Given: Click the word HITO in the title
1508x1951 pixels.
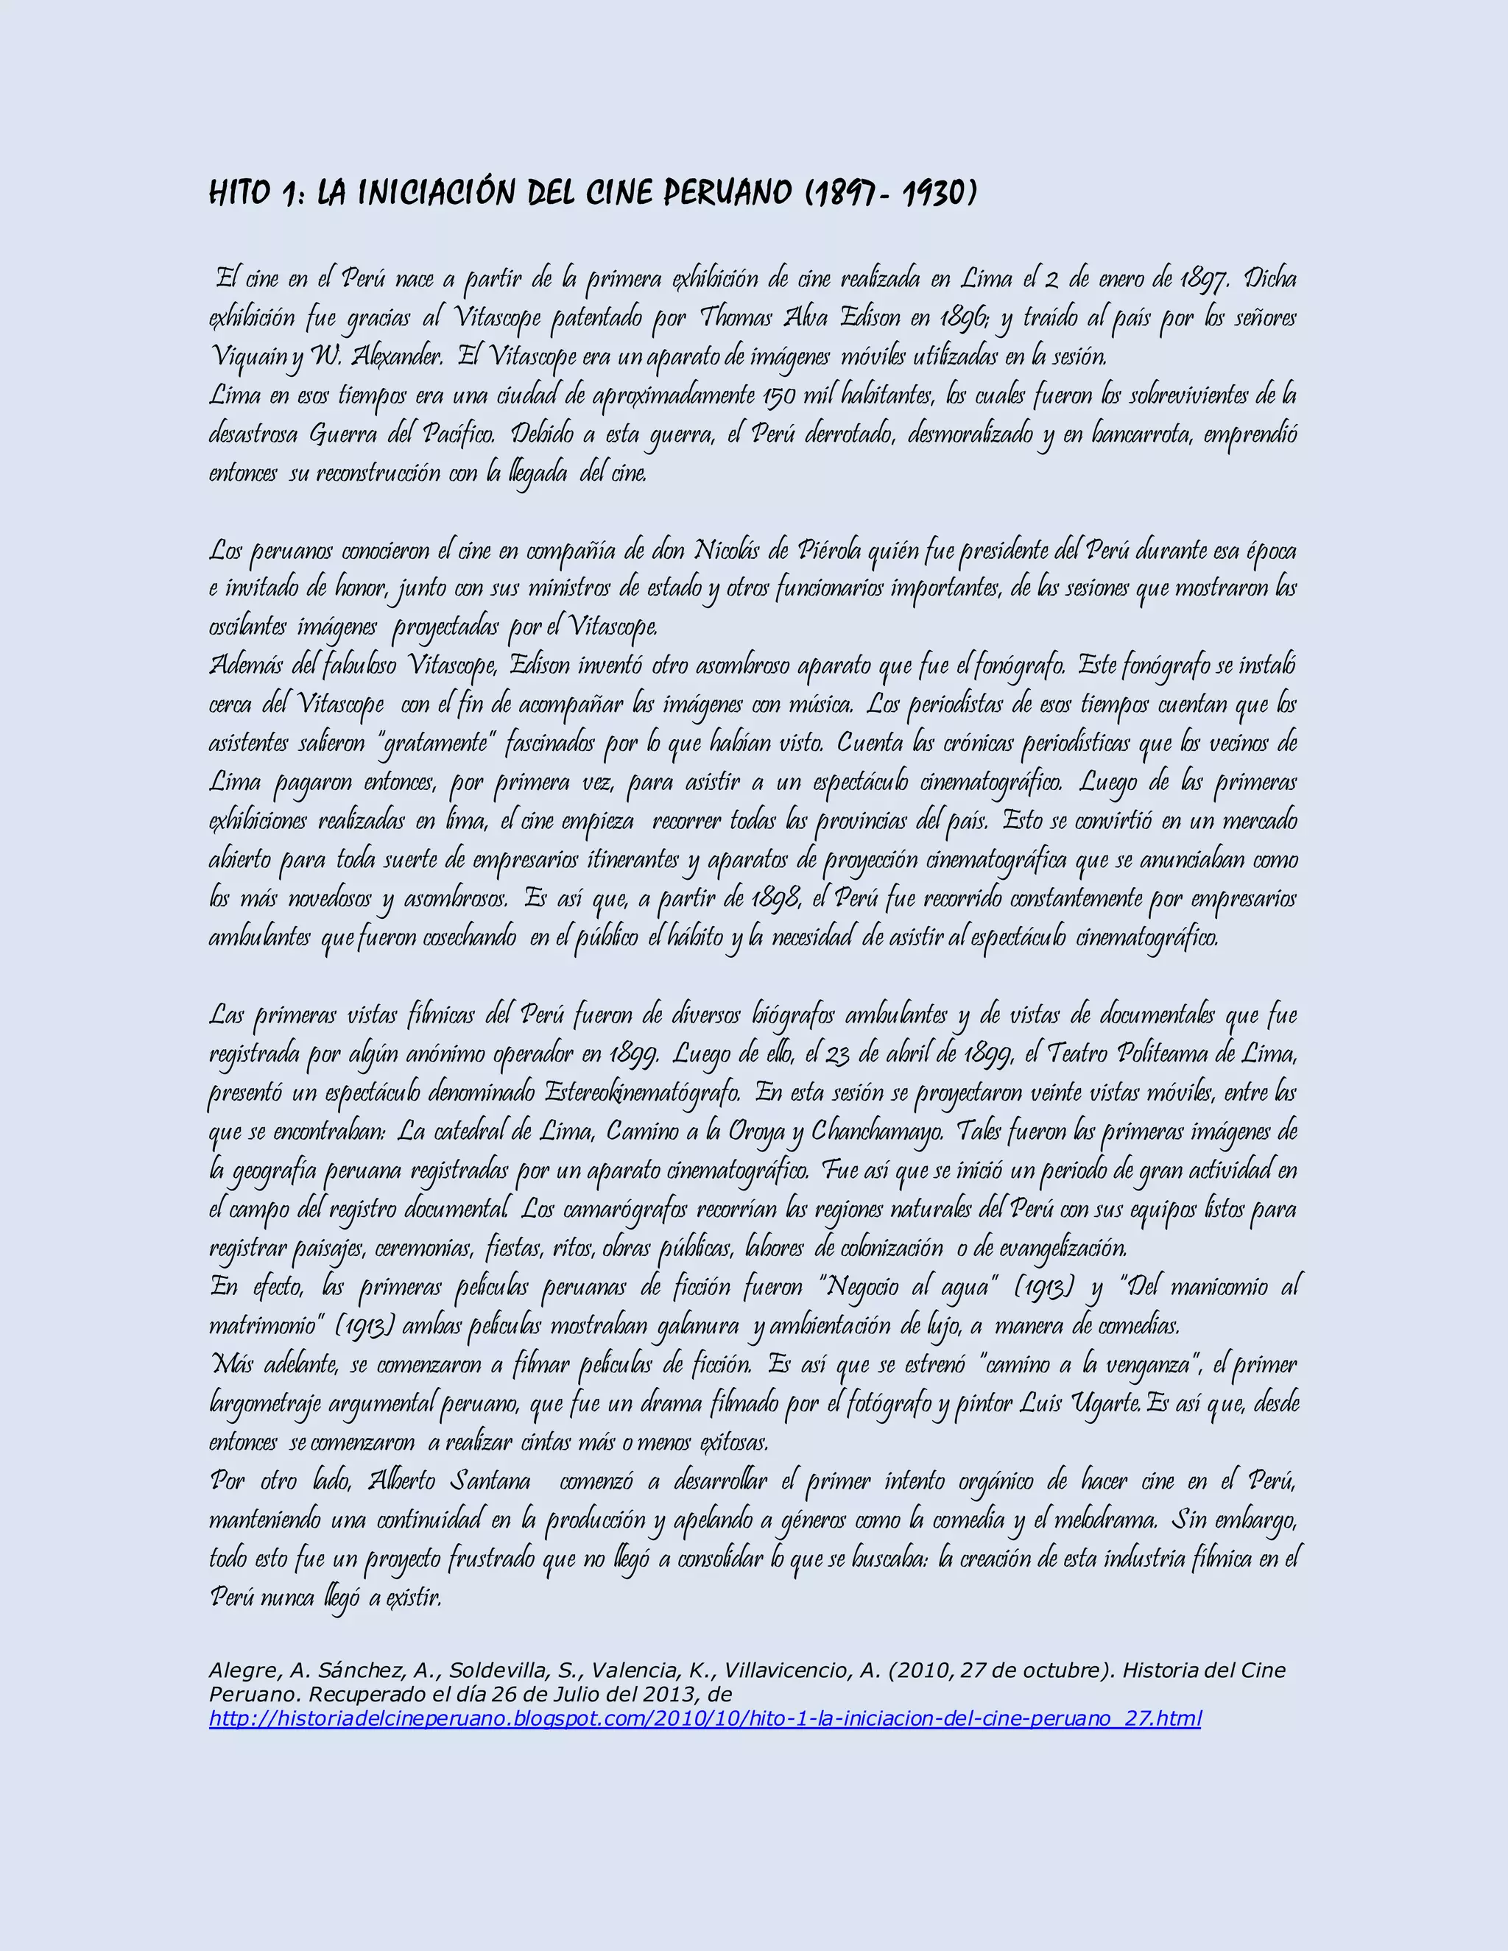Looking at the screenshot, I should pyautogui.click(x=239, y=192).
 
